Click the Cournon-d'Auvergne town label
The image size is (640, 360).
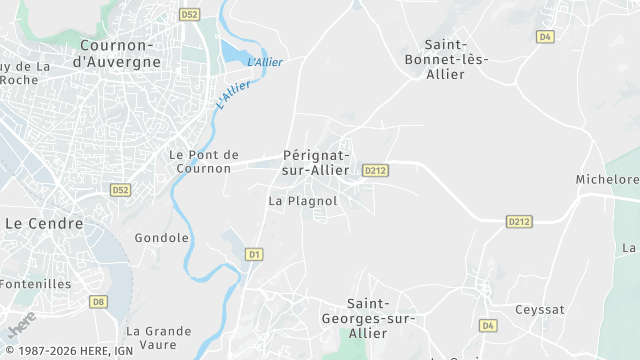point(119,53)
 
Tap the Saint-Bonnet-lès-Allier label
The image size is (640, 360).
point(456,59)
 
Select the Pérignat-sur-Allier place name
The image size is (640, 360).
point(316,162)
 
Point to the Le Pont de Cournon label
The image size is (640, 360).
point(204,161)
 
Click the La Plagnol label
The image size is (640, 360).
point(303,200)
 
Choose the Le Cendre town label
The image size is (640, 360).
point(44,223)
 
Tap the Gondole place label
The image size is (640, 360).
point(162,238)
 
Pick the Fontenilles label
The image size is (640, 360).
point(35,283)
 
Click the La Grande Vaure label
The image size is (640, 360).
point(158,337)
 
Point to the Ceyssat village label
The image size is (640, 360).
point(540,309)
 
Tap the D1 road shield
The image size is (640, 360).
point(254,255)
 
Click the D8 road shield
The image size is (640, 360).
point(98,300)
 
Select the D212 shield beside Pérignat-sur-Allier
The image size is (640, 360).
point(375,170)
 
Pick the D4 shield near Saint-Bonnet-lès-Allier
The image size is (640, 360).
point(545,36)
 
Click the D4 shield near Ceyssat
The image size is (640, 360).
point(488,325)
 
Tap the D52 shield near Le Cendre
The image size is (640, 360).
point(121,189)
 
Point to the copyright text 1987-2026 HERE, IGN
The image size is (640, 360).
point(69,351)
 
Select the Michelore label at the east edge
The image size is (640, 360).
point(607,180)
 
